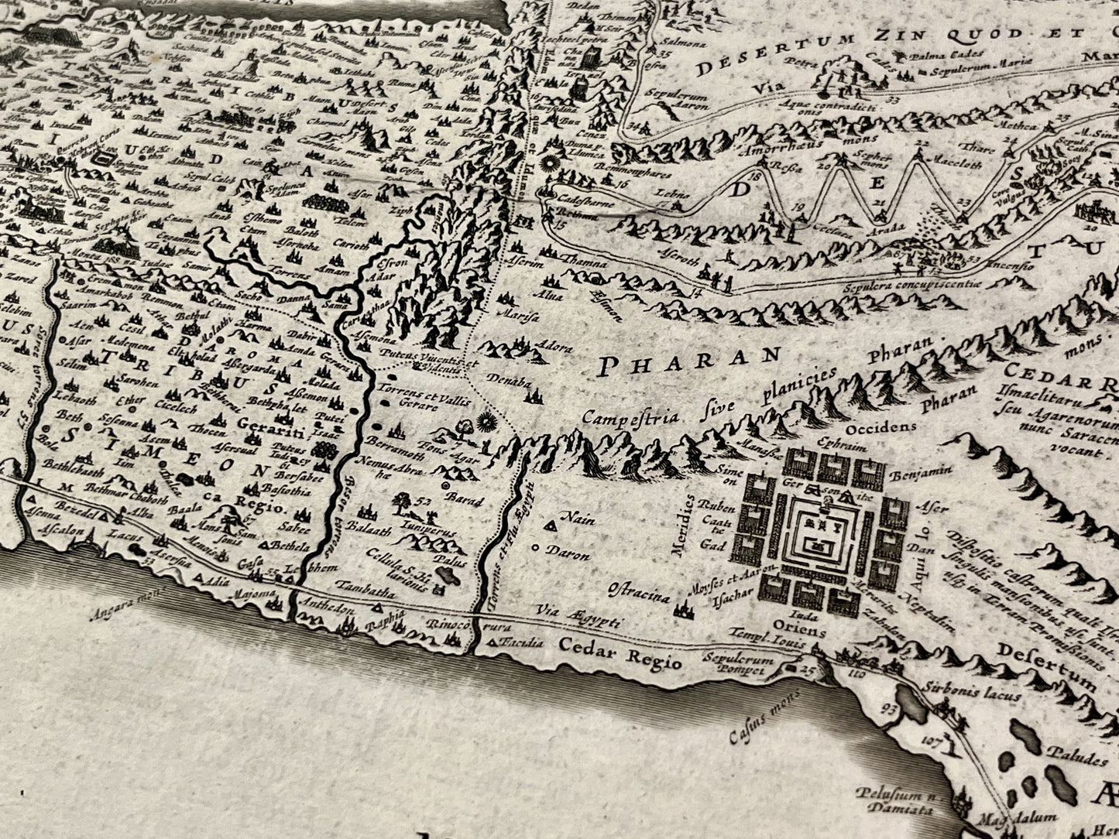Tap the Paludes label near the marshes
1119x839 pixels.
(x=1073, y=753)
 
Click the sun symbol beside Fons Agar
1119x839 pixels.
(x=486, y=423)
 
